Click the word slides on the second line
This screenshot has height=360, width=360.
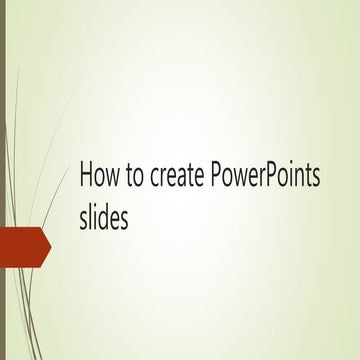pos(104,217)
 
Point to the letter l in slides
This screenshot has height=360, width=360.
pos(91,216)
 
